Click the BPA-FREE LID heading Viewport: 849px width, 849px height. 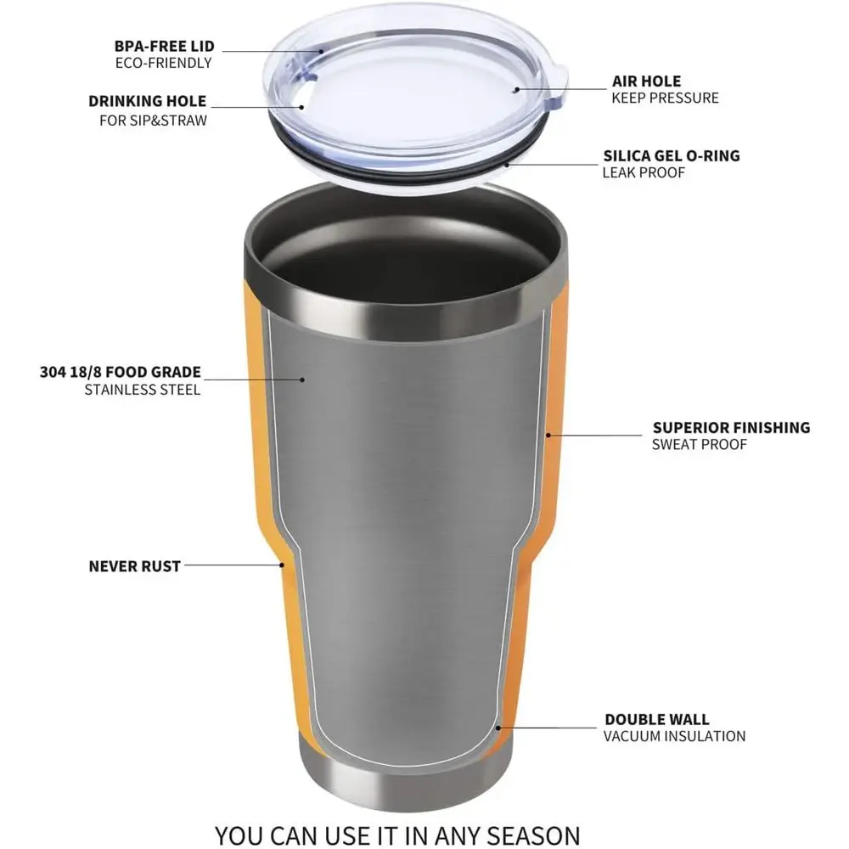(163, 46)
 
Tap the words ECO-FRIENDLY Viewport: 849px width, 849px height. (163, 63)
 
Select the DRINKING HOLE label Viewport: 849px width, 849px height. (147, 102)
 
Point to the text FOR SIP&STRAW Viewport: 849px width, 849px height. (153, 120)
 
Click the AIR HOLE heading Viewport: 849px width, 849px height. (646, 82)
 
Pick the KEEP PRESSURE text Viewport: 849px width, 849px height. (665, 98)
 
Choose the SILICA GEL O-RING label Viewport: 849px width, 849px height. (671, 155)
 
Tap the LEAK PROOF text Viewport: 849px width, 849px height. (644, 172)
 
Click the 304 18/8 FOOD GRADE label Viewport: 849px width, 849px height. (120, 372)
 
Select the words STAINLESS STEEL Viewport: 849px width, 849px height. (143, 390)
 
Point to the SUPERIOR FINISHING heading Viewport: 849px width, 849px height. (731, 427)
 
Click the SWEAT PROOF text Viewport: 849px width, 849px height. (700, 444)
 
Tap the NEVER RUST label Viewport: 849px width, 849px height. (134, 565)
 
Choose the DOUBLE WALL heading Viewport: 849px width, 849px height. (656, 719)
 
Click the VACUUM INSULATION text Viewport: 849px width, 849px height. (674, 736)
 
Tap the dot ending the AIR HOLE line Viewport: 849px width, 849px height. (515, 87)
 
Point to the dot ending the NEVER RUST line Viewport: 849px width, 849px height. (281, 564)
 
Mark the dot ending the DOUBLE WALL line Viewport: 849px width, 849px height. (499, 728)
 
